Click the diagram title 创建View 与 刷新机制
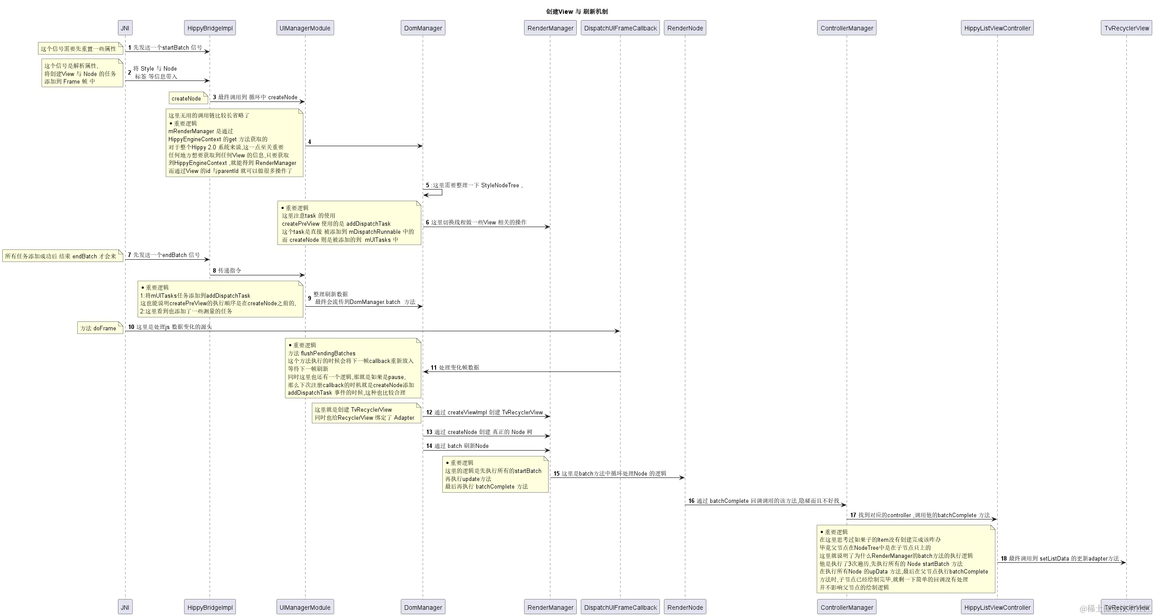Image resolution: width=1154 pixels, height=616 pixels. tap(576, 12)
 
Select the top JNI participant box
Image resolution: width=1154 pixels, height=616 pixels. tap(125, 28)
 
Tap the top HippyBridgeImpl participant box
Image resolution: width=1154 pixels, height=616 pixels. tap(210, 28)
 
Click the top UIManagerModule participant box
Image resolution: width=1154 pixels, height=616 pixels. tap(305, 28)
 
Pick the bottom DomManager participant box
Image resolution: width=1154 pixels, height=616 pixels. tap(423, 607)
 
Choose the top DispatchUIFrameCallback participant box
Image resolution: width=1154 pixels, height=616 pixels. tap(620, 28)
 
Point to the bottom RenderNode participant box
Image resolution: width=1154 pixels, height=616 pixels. tap(684, 607)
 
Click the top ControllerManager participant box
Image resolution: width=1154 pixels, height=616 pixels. tap(847, 28)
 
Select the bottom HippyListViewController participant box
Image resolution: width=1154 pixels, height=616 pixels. tap(997, 607)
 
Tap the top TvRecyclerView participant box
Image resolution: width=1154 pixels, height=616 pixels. tap(1126, 28)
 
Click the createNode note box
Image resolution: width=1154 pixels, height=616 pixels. tap(187, 98)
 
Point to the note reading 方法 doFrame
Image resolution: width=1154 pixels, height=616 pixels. tap(100, 328)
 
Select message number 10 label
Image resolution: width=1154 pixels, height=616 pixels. tap(170, 327)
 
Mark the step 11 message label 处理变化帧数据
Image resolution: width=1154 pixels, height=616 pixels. tap(455, 367)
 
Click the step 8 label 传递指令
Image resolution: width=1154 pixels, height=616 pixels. tap(227, 270)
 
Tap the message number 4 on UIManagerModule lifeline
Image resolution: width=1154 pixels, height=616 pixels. tap(310, 142)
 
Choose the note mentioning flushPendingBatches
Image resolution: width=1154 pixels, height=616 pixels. tap(352, 368)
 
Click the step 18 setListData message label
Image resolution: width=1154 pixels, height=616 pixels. tap(1060, 558)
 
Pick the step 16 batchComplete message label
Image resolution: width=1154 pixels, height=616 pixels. tap(764, 501)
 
